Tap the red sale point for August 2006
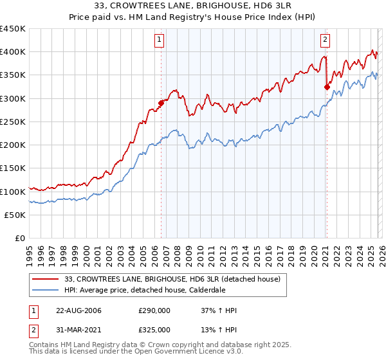click(x=161, y=103)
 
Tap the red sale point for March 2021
click(x=327, y=87)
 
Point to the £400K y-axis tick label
click(x=13, y=52)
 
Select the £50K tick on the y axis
click(x=15, y=215)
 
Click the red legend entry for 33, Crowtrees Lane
click(x=172, y=279)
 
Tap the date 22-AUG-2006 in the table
click(x=78, y=310)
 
